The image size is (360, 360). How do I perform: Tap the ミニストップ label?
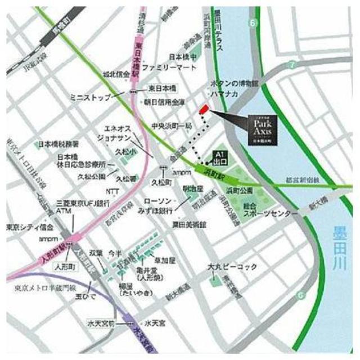coord(88,97)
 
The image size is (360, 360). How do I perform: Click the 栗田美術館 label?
coord(189,224)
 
